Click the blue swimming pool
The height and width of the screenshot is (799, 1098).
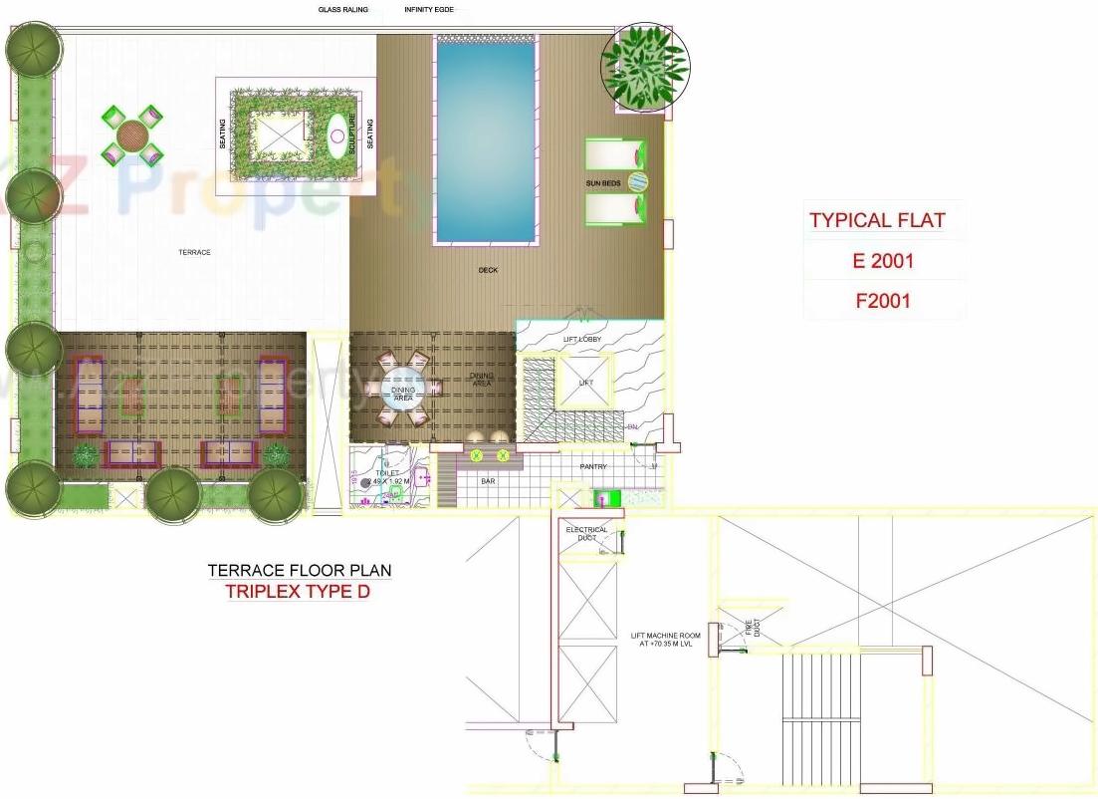(x=487, y=139)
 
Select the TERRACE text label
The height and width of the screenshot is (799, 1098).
(x=194, y=253)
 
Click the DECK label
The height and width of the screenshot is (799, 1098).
(x=488, y=270)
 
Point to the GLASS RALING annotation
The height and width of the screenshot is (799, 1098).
(x=343, y=10)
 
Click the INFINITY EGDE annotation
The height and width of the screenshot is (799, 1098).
(x=429, y=10)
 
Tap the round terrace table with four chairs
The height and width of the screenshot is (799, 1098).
(x=131, y=133)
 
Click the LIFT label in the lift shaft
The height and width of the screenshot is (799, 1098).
(x=585, y=383)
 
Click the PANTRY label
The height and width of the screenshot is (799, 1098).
(x=593, y=467)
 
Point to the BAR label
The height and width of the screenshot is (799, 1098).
(x=488, y=482)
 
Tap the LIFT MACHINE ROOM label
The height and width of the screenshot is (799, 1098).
(x=665, y=640)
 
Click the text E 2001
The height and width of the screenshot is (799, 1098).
(x=882, y=262)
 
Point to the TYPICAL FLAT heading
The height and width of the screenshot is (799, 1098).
(x=876, y=220)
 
